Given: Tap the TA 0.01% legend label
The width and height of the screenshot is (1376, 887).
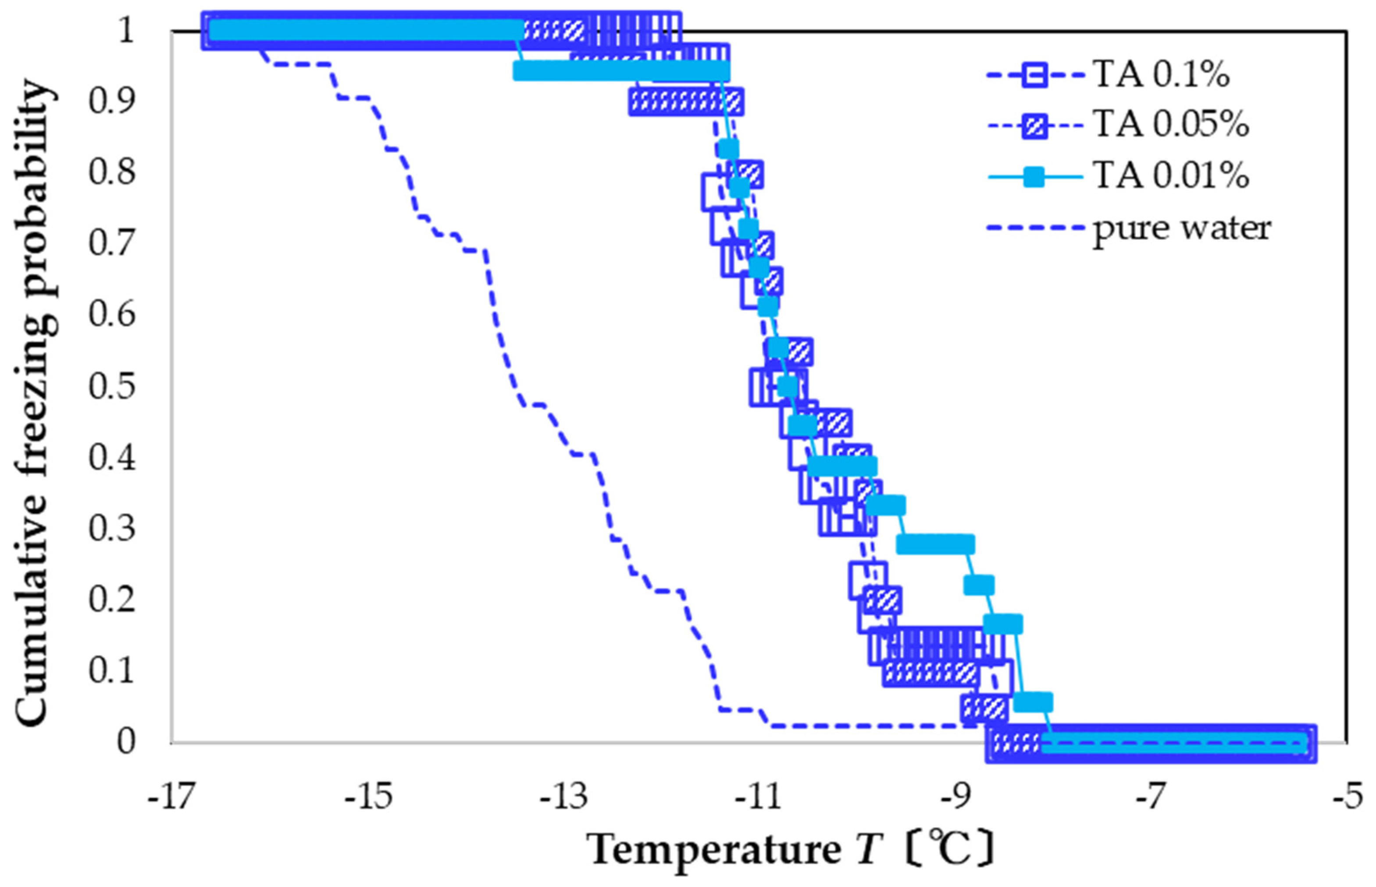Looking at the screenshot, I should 1170,175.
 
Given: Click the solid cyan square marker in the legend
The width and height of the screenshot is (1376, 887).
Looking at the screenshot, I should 1035,176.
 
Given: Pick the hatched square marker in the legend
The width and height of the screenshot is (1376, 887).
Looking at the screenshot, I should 1035,125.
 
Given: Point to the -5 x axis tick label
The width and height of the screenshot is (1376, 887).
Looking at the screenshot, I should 1347,797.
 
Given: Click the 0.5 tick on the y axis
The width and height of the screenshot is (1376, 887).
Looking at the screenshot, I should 112,386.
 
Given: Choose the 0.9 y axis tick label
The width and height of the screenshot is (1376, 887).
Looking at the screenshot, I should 112,101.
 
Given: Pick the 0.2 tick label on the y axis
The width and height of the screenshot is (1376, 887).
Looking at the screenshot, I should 112,599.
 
